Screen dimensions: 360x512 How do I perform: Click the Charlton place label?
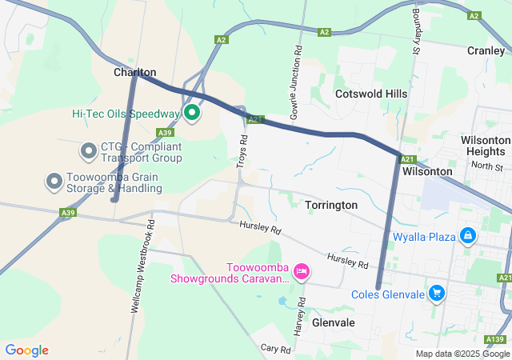tap(134, 72)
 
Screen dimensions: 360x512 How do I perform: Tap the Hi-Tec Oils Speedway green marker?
tap(192, 114)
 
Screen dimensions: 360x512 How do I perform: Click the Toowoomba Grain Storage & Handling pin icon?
tap(54, 181)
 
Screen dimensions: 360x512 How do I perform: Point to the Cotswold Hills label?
tap(371, 94)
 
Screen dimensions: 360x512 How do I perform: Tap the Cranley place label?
tap(486, 50)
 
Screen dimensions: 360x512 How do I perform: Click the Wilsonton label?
tap(427, 171)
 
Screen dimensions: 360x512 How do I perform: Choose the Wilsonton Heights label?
tap(486, 146)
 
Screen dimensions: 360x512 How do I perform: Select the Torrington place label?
tap(331, 205)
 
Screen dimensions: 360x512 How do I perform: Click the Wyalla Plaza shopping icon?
tap(468, 236)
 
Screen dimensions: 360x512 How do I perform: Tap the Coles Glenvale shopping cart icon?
tap(436, 294)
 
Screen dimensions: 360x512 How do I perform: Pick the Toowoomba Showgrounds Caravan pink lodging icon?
tap(302, 272)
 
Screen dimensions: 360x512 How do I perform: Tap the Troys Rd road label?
tap(242, 146)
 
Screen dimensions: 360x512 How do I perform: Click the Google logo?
tap(27, 350)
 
